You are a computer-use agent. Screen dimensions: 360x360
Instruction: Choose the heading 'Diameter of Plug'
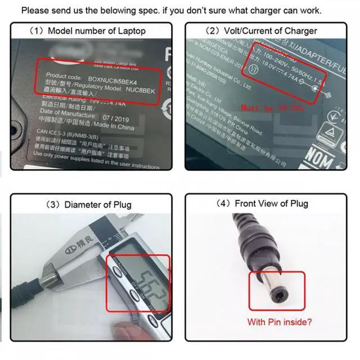[x=90, y=204]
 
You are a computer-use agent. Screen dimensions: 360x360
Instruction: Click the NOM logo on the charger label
[x=319, y=159]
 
